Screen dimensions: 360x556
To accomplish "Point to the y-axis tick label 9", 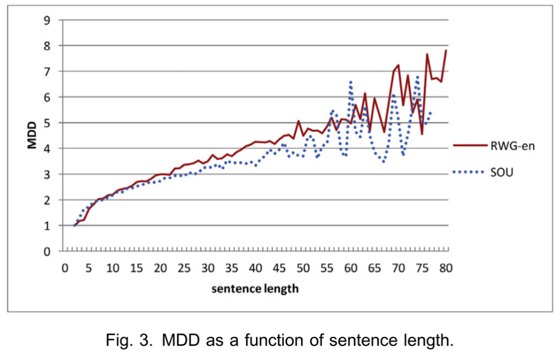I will [47, 20].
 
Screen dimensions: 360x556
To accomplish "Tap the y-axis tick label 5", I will [47, 123].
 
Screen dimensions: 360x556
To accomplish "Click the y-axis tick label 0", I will [47, 252].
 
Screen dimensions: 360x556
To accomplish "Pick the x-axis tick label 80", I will [446, 268].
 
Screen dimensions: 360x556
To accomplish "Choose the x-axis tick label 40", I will [256, 268].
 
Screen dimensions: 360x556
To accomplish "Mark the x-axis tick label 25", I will [184, 268].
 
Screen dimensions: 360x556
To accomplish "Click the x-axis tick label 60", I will [351, 268].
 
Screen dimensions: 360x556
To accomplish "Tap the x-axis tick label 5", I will [89, 268].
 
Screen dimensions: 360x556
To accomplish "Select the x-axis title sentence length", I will [255, 289].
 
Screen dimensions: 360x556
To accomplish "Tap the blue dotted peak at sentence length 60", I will [351, 81].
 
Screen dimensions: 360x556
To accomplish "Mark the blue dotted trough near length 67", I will [384, 162].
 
